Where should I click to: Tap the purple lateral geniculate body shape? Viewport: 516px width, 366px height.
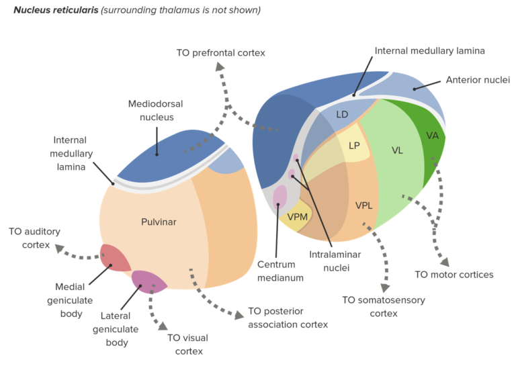[x=147, y=281]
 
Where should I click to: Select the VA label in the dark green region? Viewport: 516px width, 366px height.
[x=432, y=135]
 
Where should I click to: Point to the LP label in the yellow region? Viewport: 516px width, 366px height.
[x=355, y=146]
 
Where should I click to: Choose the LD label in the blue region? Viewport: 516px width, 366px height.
[x=342, y=114]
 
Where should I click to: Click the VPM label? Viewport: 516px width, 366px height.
[x=298, y=216]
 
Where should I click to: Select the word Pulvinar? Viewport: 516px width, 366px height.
[x=159, y=222]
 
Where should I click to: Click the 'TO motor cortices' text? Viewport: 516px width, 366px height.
[x=454, y=275]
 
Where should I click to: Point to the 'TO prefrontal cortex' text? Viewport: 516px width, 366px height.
[x=220, y=52]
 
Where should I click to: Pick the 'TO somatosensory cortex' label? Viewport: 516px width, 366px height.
[x=384, y=306]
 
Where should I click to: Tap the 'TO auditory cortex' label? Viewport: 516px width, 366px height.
[x=34, y=238]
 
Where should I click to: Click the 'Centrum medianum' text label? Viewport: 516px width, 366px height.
[x=276, y=271]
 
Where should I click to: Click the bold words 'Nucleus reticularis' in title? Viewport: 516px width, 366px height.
[x=56, y=10]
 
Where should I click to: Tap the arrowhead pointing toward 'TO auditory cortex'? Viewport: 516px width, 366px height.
[x=60, y=249]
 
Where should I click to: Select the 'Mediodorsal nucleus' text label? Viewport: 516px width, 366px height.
[x=157, y=110]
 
